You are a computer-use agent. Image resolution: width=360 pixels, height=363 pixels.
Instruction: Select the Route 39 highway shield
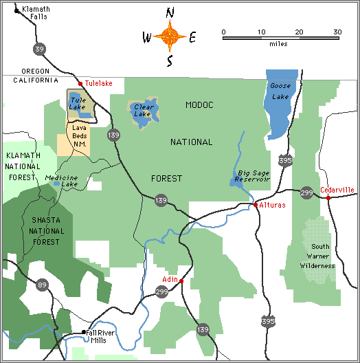(x=40, y=48)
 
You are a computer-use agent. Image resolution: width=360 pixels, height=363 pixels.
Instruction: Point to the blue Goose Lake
(x=281, y=103)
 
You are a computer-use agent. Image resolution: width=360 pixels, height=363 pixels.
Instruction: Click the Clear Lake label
(x=142, y=110)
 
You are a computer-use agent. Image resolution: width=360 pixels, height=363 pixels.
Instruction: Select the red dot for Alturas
(x=256, y=205)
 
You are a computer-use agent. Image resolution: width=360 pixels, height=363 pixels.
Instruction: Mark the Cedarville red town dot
(x=328, y=198)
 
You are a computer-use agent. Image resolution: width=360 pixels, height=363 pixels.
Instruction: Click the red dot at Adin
(x=181, y=280)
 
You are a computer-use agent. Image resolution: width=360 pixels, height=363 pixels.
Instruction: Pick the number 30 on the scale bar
(x=337, y=32)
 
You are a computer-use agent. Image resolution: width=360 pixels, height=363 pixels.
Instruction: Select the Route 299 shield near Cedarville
(x=306, y=193)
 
